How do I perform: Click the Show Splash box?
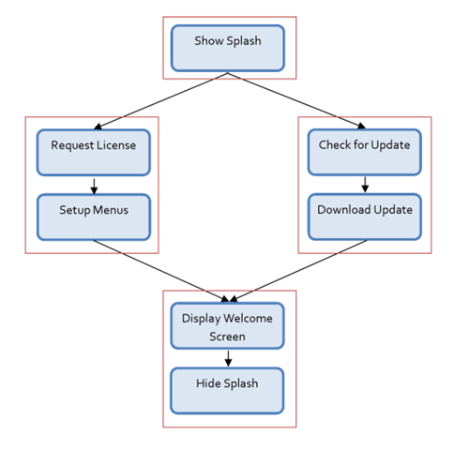click(x=227, y=48)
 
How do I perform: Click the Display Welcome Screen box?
click(x=227, y=325)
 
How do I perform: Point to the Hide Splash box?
click(x=227, y=389)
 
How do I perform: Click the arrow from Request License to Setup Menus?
click(x=93, y=185)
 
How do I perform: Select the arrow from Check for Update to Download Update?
click(x=364, y=184)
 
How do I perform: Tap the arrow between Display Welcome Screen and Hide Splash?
click(x=227, y=357)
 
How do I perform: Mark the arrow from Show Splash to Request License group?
click(x=159, y=100)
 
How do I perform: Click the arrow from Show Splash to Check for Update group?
click(x=295, y=100)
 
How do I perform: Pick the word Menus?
click(x=109, y=210)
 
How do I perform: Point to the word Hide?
click(x=208, y=383)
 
